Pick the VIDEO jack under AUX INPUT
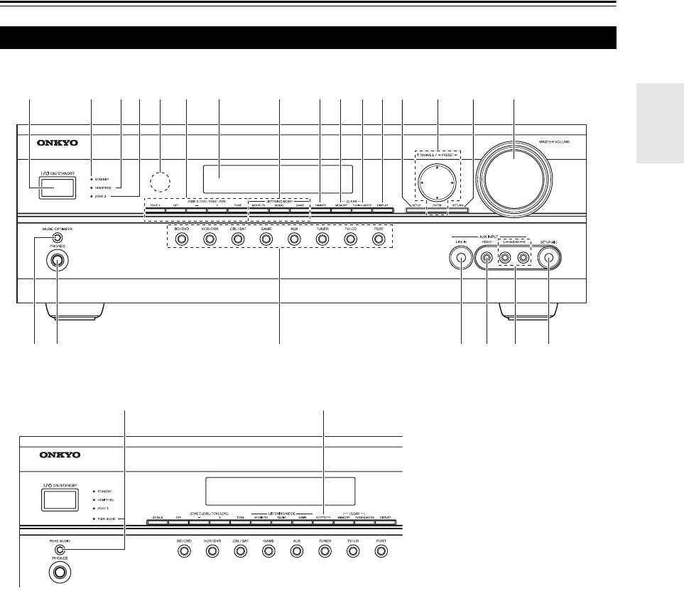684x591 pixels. (x=487, y=260)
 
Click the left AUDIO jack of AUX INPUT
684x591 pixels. (x=506, y=260)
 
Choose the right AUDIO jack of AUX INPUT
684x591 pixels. (x=524, y=260)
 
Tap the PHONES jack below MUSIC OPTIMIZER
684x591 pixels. (x=57, y=259)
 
